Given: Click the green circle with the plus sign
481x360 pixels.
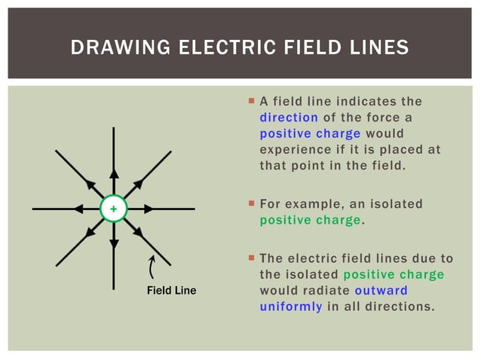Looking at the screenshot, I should click(x=114, y=209).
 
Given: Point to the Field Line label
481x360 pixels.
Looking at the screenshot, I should click(x=171, y=291).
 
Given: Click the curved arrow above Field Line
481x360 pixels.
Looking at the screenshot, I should click(x=153, y=267).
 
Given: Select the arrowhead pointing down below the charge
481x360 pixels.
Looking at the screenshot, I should click(x=114, y=243).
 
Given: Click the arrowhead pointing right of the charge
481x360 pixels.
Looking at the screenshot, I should click(x=149, y=209).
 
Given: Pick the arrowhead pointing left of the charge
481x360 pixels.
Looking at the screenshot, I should click(x=78, y=209).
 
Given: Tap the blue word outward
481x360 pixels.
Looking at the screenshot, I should click(x=381, y=290).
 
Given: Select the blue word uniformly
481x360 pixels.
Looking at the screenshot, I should click(x=291, y=307).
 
